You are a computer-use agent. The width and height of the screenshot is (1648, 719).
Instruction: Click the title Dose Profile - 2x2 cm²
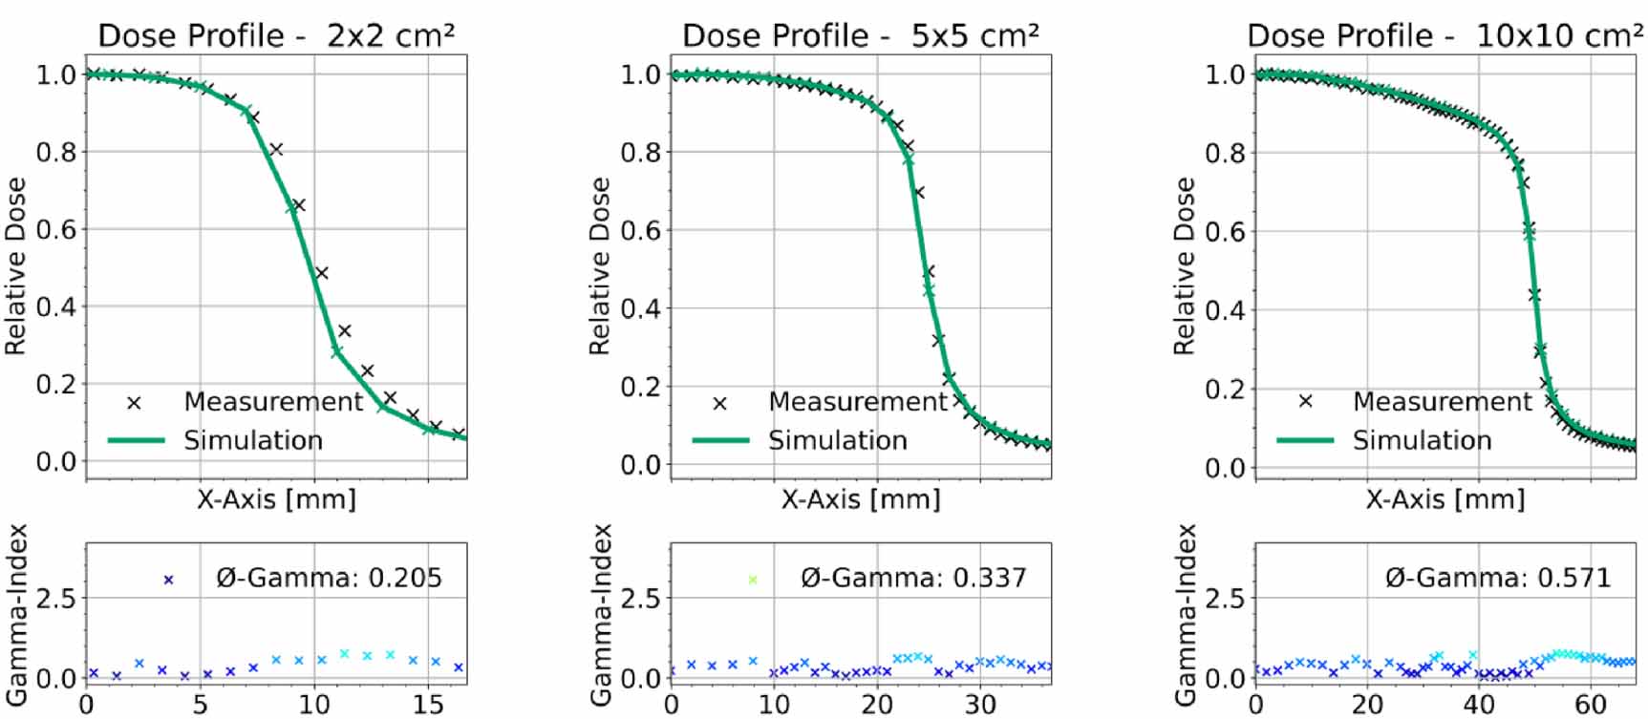(276, 35)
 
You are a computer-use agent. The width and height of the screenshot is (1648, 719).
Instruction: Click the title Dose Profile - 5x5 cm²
(860, 35)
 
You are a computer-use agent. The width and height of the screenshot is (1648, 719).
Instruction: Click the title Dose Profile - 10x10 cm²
(1445, 35)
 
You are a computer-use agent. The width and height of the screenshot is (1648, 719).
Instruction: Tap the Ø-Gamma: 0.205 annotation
(329, 578)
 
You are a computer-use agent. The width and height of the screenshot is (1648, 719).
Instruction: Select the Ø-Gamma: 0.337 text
(913, 578)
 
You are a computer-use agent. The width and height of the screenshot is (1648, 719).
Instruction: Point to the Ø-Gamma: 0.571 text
(1498, 578)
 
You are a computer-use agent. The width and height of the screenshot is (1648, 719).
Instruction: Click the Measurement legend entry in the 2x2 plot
(272, 402)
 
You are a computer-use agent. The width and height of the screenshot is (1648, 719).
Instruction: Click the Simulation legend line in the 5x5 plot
(720, 440)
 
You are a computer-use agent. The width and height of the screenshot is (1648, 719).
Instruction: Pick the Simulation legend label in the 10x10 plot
(1422, 440)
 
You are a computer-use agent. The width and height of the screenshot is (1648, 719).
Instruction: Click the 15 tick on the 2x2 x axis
(428, 704)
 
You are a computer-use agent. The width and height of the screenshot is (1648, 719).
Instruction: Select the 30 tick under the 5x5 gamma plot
(980, 704)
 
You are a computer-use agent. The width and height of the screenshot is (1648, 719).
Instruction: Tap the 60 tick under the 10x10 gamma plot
(1591, 704)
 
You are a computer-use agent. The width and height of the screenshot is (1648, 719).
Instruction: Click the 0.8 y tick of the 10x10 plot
(1225, 153)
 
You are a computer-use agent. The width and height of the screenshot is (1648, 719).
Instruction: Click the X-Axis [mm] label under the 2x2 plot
(276, 498)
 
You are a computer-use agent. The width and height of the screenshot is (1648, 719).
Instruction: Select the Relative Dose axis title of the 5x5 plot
(599, 265)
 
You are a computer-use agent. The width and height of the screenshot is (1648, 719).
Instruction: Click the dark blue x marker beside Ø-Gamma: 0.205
(169, 580)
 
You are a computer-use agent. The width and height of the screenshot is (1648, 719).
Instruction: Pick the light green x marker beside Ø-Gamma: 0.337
(753, 580)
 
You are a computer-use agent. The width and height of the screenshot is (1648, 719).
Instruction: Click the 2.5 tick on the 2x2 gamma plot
(55, 599)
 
